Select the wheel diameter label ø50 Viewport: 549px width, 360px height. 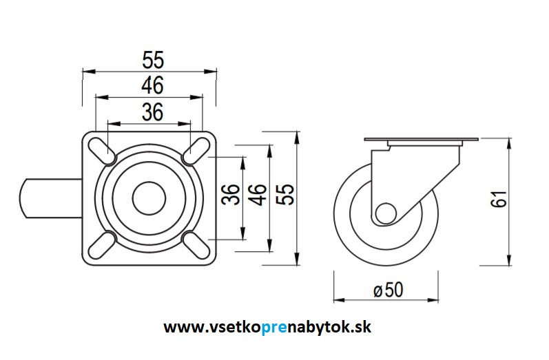pos(387,290)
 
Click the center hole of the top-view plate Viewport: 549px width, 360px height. pos(149,198)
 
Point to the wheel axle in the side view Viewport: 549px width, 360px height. pos(384,213)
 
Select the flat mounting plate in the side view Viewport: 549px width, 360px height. pos(420,141)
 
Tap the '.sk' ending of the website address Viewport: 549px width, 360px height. pos(361,327)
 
